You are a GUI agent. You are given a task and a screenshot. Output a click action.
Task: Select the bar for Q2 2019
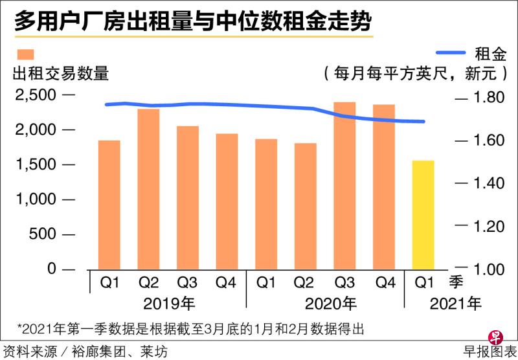148,188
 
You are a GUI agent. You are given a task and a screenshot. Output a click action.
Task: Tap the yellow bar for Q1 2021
423,214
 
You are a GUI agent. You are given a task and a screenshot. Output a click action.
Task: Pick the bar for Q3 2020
344,185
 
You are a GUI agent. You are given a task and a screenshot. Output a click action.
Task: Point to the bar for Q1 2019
109,204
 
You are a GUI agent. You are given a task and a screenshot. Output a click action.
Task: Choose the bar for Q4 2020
384,186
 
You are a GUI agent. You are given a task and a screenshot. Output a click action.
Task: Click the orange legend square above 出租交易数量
27,54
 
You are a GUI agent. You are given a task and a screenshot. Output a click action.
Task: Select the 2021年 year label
456,302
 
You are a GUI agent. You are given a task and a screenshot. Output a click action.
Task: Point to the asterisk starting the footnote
20,328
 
